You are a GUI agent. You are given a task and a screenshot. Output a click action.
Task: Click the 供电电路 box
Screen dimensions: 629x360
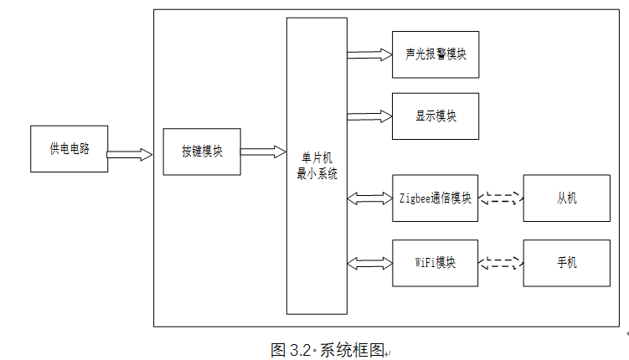click(x=69, y=149)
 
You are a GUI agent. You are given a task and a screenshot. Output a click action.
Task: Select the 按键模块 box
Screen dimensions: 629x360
click(x=202, y=152)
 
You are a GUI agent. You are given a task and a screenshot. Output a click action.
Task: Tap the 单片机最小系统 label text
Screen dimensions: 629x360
click(x=317, y=166)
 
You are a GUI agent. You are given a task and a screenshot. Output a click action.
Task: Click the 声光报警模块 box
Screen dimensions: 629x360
click(x=436, y=54)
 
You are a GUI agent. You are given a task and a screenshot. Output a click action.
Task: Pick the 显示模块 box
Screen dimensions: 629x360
click(x=436, y=116)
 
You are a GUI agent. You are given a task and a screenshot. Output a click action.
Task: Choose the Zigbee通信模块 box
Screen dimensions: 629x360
click(x=435, y=198)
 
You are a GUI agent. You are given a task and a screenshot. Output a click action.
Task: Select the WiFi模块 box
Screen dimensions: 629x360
click(x=435, y=263)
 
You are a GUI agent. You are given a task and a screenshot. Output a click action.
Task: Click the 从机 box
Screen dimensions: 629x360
click(x=566, y=198)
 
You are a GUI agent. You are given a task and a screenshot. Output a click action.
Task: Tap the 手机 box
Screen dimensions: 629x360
click(x=566, y=263)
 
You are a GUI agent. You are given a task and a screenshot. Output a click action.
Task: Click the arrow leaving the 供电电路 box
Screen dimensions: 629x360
click(x=130, y=154)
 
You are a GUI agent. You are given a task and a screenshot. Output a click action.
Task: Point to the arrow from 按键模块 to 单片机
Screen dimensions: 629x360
click(x=263, y=152)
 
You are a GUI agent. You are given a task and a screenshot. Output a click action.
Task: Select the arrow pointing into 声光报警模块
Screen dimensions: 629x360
click(x=369, y=54)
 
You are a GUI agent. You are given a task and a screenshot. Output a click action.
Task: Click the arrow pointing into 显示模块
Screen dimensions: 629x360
click(x=369, y=116)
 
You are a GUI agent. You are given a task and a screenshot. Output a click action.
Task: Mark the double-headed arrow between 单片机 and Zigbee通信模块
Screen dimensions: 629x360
click(x=369, y=198)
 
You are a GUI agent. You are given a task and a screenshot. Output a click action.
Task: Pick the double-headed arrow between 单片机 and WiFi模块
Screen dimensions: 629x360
click(x=369, y=264)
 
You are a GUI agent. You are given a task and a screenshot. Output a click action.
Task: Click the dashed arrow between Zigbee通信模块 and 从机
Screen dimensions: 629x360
click(x=501, y=198)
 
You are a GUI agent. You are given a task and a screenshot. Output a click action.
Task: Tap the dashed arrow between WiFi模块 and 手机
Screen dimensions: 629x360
click(x=501, y=263)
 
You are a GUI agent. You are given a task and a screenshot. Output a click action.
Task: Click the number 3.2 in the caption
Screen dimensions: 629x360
click(x=300, y=351)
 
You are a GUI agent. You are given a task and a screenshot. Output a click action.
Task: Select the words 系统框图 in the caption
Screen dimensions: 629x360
click(x=353, y=351)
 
